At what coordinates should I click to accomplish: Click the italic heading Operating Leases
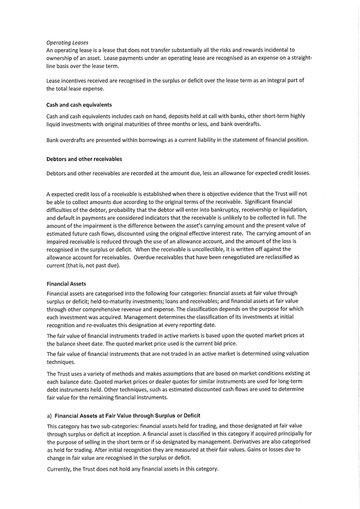click(67, 42)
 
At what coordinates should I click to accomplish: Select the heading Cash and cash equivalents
click(79, 104)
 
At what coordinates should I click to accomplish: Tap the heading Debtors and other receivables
click(84, 159)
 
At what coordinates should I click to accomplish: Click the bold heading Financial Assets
click(66, 284)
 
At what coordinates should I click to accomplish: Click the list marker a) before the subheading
click(49, 416)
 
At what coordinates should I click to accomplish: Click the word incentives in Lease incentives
click(77, 80)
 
